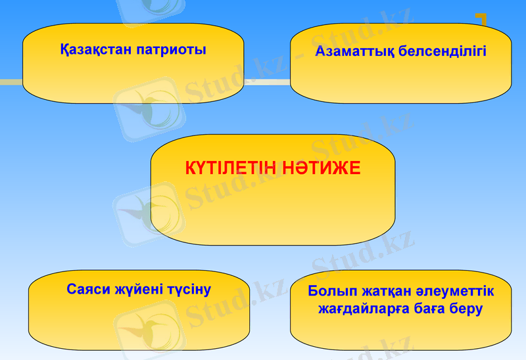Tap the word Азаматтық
pyautogui.click(x=354, y=51)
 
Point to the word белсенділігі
pyautogui.click(x=443, y=51)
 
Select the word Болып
pyautogui.click(x=331, y=291)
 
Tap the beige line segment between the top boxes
pyautogui.click(x=267, y=81)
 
